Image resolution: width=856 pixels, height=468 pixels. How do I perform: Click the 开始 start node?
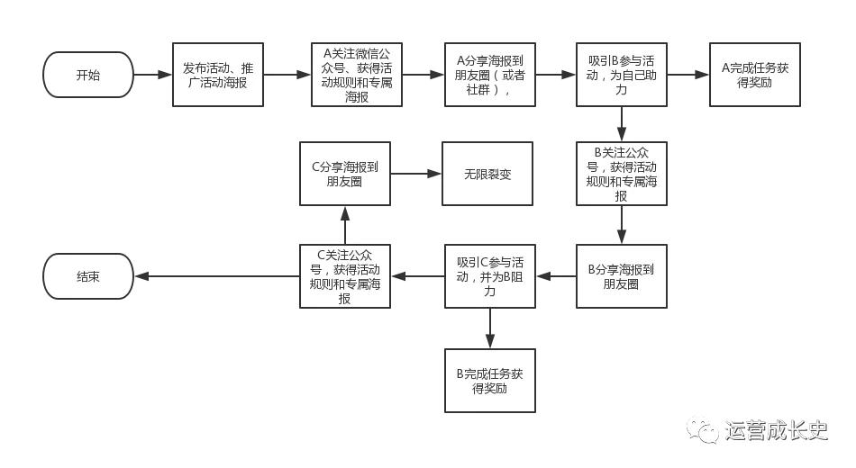88,75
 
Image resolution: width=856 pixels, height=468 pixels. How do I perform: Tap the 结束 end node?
88,276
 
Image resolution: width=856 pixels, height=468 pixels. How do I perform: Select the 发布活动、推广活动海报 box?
218,75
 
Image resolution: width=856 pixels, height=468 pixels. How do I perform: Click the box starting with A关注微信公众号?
357,75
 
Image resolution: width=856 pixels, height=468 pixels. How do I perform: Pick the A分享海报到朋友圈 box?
490,75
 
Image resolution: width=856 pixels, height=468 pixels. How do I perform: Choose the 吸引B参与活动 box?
622,75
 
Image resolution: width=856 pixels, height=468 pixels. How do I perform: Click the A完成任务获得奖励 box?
754,75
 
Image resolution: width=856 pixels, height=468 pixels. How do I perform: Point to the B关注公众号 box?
622,174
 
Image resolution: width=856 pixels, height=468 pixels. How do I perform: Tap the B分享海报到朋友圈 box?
622,276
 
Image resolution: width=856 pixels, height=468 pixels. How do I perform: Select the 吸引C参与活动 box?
490,276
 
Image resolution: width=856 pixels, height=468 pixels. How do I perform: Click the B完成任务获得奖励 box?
490,381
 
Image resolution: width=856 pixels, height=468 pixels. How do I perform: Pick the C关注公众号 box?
345,276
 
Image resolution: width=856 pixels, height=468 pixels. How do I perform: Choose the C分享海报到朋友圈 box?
345,174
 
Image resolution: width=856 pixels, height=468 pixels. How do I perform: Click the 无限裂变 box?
487,174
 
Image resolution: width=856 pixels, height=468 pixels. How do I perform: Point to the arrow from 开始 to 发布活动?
152,75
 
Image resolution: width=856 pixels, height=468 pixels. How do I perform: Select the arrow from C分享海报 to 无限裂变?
415,174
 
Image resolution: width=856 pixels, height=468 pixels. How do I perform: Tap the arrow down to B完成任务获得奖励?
490,328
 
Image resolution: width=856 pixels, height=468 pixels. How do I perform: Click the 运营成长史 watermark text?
776,431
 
